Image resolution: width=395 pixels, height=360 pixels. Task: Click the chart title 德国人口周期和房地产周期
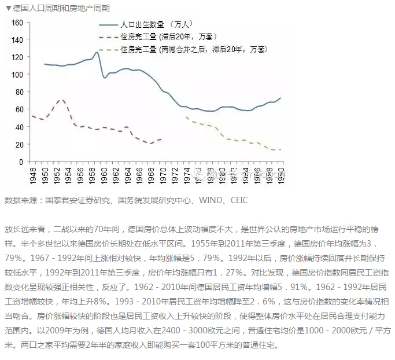tap(61, 8)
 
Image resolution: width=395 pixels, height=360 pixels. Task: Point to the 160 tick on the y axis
tap(17, 23)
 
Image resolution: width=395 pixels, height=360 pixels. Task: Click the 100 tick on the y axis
tap(17, 75)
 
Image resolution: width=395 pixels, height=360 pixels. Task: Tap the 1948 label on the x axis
tap(32, 174)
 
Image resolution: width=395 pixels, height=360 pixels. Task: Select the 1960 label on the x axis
tap(104, 174)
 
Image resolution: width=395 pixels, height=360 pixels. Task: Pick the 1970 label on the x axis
tap(164, 174)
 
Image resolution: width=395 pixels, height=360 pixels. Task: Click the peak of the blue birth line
tap(97, 53)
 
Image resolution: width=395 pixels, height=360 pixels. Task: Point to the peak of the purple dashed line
tap(60, 100)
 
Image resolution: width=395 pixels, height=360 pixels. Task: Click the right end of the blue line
tap(281, 98)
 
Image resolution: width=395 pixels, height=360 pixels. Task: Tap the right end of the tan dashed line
tap(281, 150)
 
